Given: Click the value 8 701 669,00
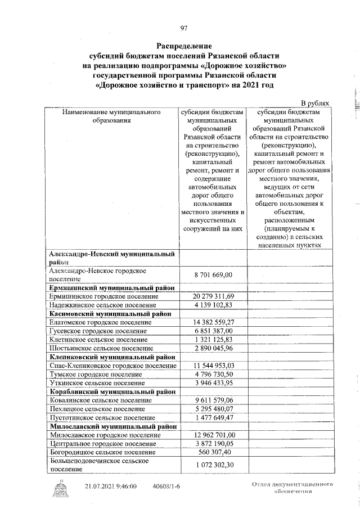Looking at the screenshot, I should (213, 274).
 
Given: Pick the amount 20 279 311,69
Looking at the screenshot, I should (213, 296).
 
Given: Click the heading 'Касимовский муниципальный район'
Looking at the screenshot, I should (110, 313).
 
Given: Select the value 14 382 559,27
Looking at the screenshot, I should (213, 322).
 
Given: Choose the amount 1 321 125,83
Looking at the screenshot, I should (213, 340).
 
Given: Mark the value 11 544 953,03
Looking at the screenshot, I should (213, 366).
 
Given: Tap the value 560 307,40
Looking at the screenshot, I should (213, 453).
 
